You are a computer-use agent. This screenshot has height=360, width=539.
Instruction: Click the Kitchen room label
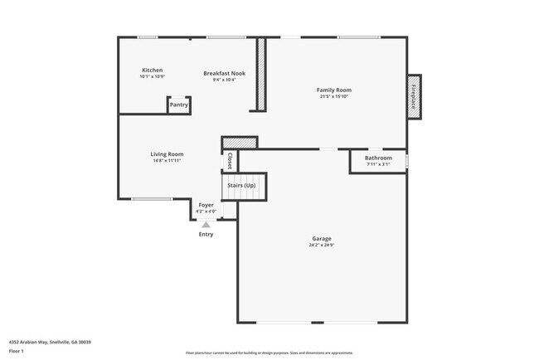[x=152, y=71]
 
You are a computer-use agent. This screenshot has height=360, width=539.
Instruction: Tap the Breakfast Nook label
[x=224, y=73]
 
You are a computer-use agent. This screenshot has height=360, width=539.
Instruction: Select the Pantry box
[x=179, y=105]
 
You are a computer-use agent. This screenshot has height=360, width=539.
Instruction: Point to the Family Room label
[x=334, y=90]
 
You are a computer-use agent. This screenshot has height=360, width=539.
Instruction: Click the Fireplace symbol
[x=413, y=95]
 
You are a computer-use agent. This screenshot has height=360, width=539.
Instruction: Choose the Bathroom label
[x=378, y=158]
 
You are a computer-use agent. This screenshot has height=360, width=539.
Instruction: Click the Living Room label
[x=167, y=154]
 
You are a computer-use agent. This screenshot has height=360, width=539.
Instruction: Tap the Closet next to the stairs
[x=230, y=161]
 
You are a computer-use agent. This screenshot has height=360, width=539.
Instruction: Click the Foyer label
[x=206, y=205]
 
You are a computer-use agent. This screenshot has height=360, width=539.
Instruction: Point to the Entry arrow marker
[x=206, y=224]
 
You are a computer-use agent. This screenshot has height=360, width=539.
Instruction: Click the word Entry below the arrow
[x=206, y=234]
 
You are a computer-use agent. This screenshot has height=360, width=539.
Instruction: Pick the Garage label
[x=322, y=239]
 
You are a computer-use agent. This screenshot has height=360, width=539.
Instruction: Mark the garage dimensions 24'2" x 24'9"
[x=322, y=246]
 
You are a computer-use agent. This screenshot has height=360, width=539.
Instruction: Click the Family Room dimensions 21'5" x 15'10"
[x=334, y=97]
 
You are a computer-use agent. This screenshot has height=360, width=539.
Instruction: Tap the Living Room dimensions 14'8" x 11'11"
[x=167, y=161]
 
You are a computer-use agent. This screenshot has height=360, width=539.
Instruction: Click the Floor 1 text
[x=17, y=351]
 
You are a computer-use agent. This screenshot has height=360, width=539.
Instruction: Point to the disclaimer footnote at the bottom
[x=269, y=353]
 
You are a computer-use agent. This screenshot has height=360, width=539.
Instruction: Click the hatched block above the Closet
[x=240, y=143]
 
